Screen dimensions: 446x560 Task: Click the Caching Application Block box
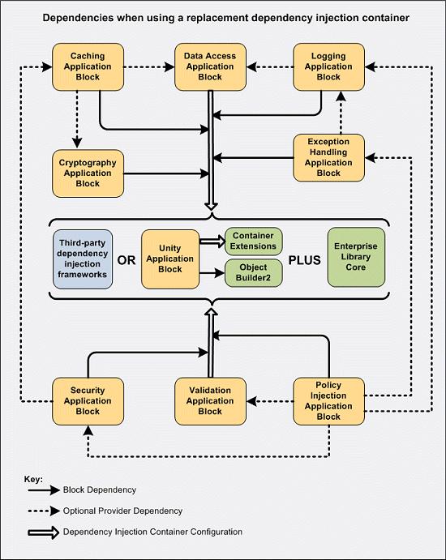[x=88, y=66]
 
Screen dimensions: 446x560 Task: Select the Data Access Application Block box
[x=210, y=66]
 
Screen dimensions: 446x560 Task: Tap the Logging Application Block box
[x=328, y=66]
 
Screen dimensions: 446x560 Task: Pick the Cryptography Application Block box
[x=88, y=173]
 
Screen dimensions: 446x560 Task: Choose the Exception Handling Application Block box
[x=328, y=157]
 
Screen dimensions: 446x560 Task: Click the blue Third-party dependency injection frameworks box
[x=83, y=259]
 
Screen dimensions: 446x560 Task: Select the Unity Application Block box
[x=170, y=259]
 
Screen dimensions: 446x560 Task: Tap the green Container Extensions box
[x=253, y=241]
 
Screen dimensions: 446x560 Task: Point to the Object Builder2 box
[x=253, y=273]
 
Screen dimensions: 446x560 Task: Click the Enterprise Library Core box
[x=356, y=257]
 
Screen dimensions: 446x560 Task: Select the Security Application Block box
[x=88, y=401]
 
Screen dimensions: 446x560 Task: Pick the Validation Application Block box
[x=210, y=401]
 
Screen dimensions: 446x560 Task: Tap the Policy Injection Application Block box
[x=328, y=401]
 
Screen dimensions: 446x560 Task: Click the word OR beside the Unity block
[x=127, y=260]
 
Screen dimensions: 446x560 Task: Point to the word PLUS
[x=304, y=260]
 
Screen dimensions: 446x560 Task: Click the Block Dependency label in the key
[x=100, y=489]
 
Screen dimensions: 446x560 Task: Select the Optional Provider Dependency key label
[x=122, y=511]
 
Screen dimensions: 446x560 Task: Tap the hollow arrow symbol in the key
[x=44, y=532]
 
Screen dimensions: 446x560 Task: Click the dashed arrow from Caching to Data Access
[x=149, y=66]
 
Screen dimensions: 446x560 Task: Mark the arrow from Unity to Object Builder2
[x=212, y=273]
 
